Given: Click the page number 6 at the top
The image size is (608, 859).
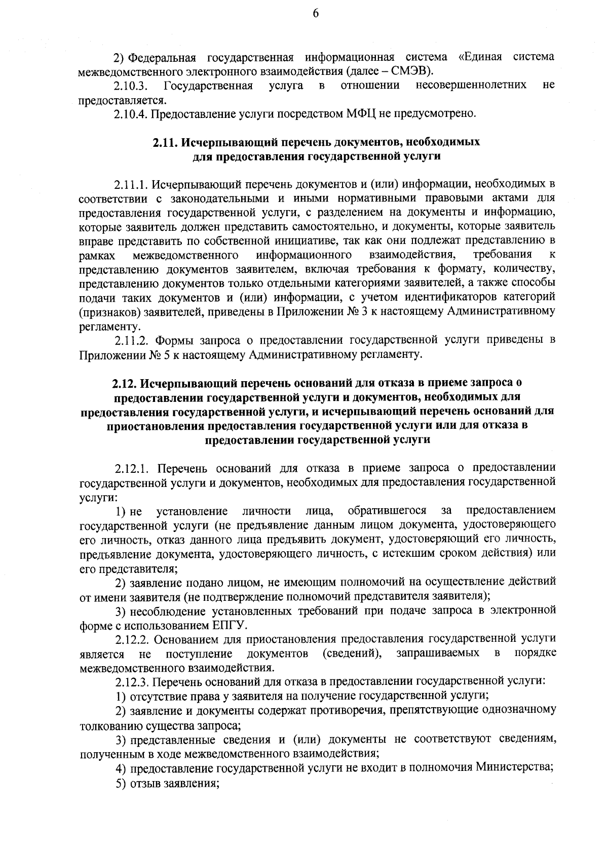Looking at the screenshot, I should [315, 15].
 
